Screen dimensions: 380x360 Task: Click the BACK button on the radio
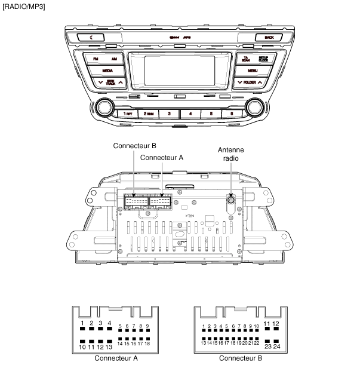pyautogui.click(x=269, y=37)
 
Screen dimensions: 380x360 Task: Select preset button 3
pyautogui.click(x=169, y=113)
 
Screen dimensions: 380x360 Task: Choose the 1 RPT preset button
pyautogui.click(x=125, y=113)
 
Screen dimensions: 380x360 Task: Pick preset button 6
pyautogui.click(x=231, y=113)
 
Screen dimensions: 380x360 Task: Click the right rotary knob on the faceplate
pyautogui.click(x=255, y=109)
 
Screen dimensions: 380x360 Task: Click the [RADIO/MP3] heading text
pyautogui.click(x=23, y=6)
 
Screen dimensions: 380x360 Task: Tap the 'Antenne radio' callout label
pyautogui.click(x=230, y=154)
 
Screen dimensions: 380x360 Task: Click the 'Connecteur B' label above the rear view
pyautogui.click(x=134, y=146)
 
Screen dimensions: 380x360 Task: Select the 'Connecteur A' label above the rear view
pyautogui.click(x=161, y=157)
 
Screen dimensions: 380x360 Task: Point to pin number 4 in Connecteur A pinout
pyautogui.click(x=109, y=323)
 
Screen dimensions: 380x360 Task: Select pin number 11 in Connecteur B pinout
pyautogui.click(x=267, y=323)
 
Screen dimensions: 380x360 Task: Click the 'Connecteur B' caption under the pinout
pyautogui.click(x=240, y=358)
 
